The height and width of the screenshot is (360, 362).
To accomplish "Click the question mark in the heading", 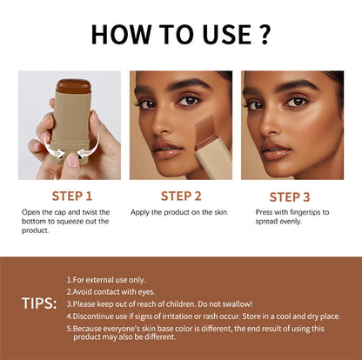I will (x=265, y=34).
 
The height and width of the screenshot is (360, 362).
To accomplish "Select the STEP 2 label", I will (x=181, y=195).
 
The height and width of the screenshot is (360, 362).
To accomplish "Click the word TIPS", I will (x=39, y=303).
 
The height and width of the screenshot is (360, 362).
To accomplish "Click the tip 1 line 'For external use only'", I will (x=109, y=280).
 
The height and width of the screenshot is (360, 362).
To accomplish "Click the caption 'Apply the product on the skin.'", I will (x=178, y=212).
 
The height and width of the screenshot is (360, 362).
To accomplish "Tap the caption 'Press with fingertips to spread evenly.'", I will (x=291, y=217).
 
